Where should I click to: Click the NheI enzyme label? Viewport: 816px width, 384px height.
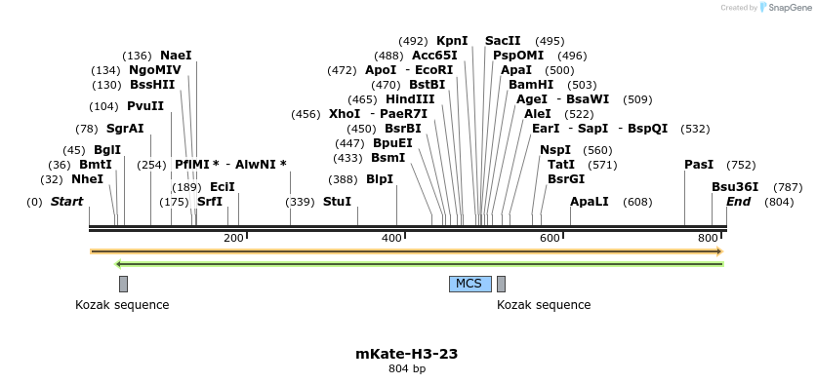(87, 179)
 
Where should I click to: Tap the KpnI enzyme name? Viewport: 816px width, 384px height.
(452, 41)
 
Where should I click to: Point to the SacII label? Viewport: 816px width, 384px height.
(503, 41)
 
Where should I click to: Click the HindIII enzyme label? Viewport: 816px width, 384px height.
(410, 99)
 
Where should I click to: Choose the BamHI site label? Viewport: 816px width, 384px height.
(531, 85)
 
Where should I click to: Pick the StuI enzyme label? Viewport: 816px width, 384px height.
(337, 202)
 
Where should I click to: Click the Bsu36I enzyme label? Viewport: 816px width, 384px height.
(735, 187)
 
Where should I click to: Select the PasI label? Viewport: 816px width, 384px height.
(699, 165)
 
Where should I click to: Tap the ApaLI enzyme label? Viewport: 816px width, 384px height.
(590, 202)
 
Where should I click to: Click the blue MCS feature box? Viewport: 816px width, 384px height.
(469, 284)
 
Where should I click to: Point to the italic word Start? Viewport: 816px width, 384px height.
(66, 202)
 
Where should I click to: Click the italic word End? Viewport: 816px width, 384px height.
(739, 202)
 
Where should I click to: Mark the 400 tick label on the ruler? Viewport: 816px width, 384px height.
(391, 239)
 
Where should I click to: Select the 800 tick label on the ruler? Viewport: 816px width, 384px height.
(708, 239)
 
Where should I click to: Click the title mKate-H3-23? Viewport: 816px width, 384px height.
(407, 354)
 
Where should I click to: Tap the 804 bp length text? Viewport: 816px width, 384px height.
(407, 369)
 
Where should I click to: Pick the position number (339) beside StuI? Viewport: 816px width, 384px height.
(300, 202)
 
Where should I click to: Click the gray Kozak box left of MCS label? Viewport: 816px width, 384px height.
(123, 284)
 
